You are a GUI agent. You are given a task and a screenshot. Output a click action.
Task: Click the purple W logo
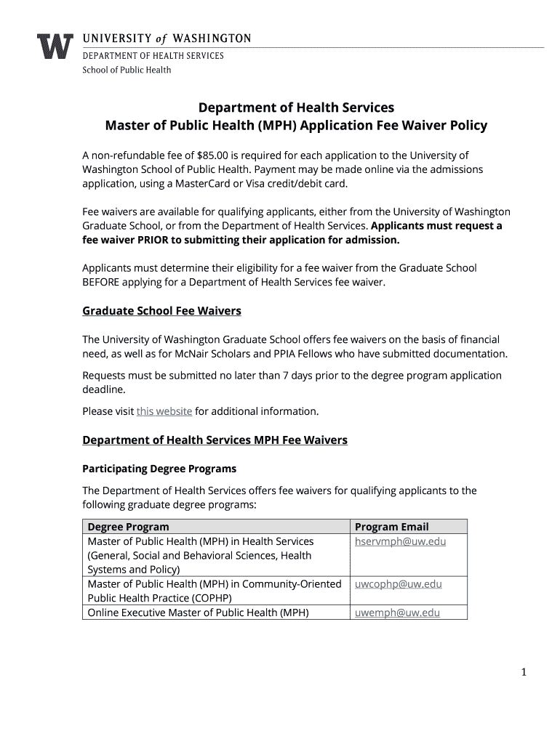coord(55,46)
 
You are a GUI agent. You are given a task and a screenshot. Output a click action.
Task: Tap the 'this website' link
coord(164,411)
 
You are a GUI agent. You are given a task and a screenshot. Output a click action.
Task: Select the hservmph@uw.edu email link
coord(400,542)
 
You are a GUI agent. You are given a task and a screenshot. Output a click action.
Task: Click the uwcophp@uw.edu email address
coord(398,584)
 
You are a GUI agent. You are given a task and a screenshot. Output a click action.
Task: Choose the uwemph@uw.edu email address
coord(397,612)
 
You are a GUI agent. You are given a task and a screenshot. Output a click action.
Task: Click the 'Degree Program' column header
coord(128,527)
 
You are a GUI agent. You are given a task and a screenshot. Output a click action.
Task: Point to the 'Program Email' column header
coord(391,527)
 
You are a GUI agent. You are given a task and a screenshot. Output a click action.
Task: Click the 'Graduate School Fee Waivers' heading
coord(161,311)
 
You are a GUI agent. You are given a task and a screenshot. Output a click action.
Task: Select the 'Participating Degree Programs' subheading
coord(159,469)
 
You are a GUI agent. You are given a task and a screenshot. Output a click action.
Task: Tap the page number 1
coord(523,673)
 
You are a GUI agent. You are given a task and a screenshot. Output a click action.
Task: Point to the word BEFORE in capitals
coord(106,282)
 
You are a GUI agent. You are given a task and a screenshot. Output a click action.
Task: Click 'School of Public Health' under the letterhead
coord(127,70)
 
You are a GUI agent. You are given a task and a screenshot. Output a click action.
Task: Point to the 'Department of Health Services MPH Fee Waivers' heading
coord(215,440)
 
